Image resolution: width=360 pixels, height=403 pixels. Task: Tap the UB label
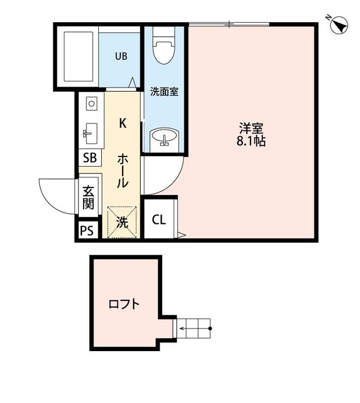tap(121, 56)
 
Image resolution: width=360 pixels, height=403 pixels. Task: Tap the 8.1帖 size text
tap(251, 141)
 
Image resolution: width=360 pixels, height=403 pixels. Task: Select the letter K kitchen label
tap(122, 123)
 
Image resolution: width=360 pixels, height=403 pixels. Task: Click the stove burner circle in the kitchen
tap(91, 104)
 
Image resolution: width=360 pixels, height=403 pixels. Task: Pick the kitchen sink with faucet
tap(91, 133)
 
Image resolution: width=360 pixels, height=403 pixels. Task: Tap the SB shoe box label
tap(90, 158)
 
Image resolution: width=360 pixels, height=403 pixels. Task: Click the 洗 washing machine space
tap(122, 222)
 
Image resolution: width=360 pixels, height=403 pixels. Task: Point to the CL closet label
tap(159, 220)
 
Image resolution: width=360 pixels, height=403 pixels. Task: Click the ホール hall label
tap(122, 171)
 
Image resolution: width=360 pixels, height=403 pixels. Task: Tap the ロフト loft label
tap(124, 304)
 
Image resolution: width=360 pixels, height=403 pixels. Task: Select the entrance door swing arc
tap(50, 194)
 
